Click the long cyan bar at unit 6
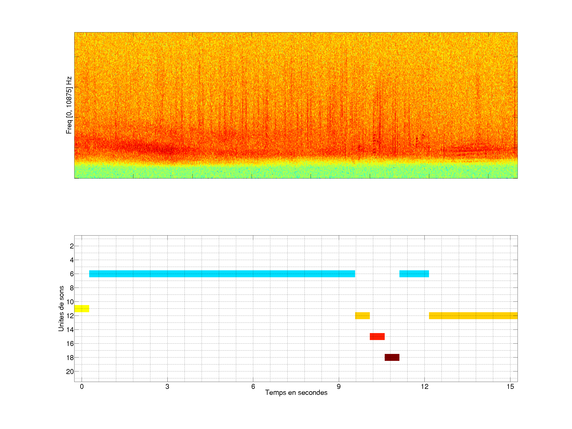pos(222,274)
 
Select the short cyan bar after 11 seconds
pos(414,274)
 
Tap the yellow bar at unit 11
pos(82,308)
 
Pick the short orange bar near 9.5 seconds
pos(362,315)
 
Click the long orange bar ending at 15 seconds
pos(473,315)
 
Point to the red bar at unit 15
pos(377,336)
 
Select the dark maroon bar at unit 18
pos(392,357)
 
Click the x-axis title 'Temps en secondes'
pos(296,392)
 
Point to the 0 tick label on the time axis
pos(82,386)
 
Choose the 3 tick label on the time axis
pos(167,386)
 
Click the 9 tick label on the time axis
pos(338,386)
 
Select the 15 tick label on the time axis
pos(510,386)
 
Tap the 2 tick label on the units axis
pos(72,246)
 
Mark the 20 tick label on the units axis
pos(70,372)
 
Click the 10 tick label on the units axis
pos(70,302)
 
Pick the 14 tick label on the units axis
pos(70,330)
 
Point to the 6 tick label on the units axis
pos(72,274)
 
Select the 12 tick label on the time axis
pos(424,386)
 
